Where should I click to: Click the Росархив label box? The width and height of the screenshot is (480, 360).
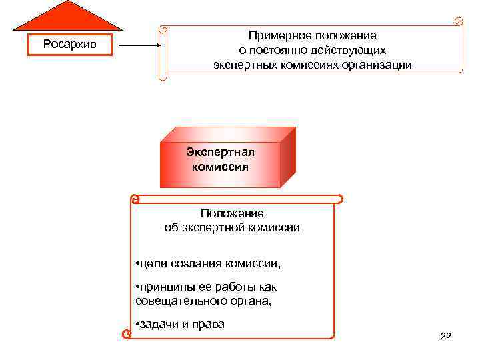pyautogui.click(x=69, y=44)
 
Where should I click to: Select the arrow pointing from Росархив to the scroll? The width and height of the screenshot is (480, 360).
pyautogui.click(x=139, y=46)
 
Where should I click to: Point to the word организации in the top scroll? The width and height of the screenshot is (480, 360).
pyautogui.click(x=379, y=65)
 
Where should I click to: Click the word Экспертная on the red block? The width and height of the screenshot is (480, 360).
pyautogui.click(x=220, y=152)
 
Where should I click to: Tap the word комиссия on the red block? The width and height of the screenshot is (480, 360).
pyautogui.click(x=220, y=166)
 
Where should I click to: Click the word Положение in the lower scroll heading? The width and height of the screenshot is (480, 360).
pyautogui.click(x=232, y=213)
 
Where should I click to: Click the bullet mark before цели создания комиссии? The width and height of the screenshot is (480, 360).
pyautogui.click(x=137, y=264)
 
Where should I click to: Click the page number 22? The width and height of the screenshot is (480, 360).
pyautogui.click(x=446, y=336)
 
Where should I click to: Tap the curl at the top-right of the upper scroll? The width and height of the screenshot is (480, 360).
pyautogui.click(x=457, y=22)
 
